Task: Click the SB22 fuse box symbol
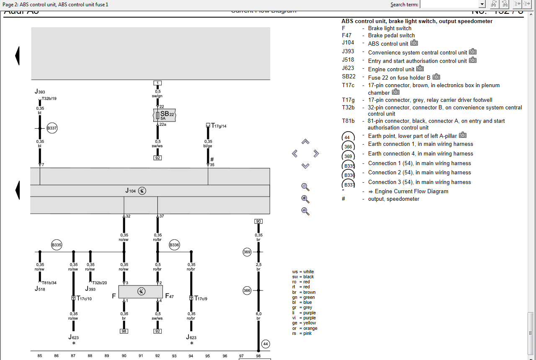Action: [x=164, y=115]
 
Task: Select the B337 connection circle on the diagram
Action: [x=52, y=129]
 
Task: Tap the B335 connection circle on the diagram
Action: [x=57, y=245]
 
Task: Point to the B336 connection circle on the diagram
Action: [x=174, y=245]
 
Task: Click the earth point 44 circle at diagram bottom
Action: [x=265, y=344]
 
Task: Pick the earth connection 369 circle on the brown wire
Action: [x=247, y=252]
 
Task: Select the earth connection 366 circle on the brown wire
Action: [x=247, y=290]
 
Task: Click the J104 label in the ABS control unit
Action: [x=131, y=191]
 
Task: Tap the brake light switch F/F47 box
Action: [x=141, y=291]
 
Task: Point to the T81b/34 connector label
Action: [x=49, y=283]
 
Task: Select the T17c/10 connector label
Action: [x=84, y=298]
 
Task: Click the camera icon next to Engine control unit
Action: [x=420, y=69]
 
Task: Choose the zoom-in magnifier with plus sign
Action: [x=305, y=199]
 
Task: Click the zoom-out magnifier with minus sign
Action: [x=305, y=211]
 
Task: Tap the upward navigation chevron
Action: [x=305, y=142]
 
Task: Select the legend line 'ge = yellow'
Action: [x=304, y=323]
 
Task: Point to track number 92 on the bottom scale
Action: [x=157, y=356]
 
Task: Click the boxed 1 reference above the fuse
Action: [x=157, y=83]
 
